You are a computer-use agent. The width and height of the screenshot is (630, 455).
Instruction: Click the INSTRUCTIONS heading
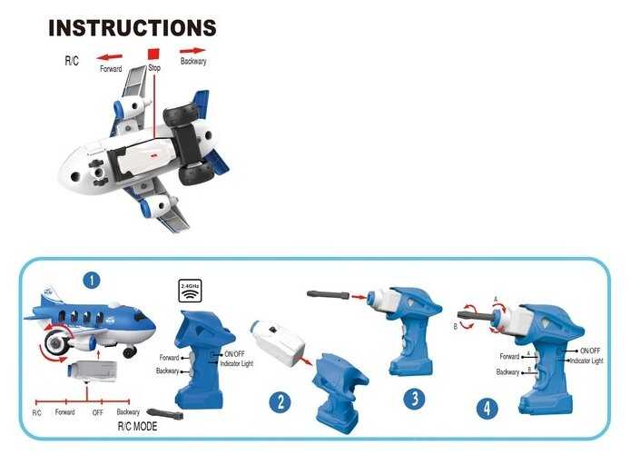(133, 28)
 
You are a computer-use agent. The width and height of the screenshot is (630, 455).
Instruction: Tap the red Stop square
(153, 54)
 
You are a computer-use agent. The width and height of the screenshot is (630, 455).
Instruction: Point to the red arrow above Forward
(110, 57)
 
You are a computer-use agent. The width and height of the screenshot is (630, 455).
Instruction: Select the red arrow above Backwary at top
(192, 51)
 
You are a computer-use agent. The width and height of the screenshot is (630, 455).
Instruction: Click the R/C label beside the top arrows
(72, 61)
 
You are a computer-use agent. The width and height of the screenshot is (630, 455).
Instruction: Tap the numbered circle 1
(92, 280)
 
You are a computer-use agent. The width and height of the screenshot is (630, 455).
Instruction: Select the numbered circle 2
(280, 402)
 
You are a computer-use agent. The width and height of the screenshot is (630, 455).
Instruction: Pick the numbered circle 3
(414, 399)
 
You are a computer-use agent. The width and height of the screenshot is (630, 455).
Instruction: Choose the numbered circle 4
(487, 409)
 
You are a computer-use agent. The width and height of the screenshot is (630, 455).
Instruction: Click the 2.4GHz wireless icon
(190, 291)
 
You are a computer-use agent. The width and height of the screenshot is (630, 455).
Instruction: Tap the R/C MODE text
(137, 427)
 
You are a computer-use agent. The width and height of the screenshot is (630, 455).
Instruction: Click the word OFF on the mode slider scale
(98, 413)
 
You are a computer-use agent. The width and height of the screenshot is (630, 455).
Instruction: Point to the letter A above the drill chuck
(496, 300)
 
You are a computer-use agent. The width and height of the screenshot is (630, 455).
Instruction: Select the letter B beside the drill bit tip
(456, 327)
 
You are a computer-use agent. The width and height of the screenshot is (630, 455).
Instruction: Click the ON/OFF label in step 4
(590, 351)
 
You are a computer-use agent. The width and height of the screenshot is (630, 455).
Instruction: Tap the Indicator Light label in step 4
(586, 361)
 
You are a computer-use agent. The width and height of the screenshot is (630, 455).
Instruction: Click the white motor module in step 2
(278, 343)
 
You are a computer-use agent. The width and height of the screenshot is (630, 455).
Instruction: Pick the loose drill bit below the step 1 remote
(165, 413)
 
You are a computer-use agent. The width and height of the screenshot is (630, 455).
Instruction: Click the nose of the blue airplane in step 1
(150, 322)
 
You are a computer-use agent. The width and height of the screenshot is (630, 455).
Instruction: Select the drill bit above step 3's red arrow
(329, 294)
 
